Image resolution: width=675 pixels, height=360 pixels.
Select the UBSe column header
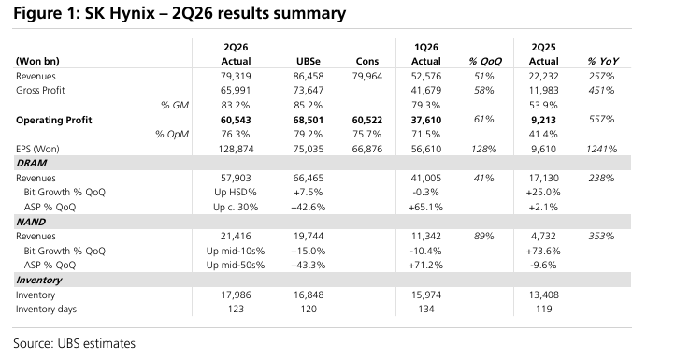pyautogui.click(x=309, y=61)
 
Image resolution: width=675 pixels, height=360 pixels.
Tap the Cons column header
pyautogui.click(x=366, y=61)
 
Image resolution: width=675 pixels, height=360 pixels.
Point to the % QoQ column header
pyautogui.click(x=485, y=61)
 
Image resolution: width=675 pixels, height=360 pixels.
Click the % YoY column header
pyautogui.click(x=603, y=61)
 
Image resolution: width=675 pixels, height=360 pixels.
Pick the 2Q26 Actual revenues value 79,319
pyautogui.click(x=236, y=77)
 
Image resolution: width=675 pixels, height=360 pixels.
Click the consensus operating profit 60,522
pyautogui.click(x=366, y=120)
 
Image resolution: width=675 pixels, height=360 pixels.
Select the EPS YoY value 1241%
pyautogui.click(x=601, y=149)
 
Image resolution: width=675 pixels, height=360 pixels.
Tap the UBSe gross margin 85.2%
pyautogui.click(x=309, y=105)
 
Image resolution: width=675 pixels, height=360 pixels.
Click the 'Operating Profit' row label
pyautogui.click(x=54, y=120)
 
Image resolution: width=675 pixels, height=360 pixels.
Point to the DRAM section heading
pyautogui.click(x=32, y=164)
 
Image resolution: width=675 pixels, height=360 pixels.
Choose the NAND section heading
pyautogui.click(x=31, y=222)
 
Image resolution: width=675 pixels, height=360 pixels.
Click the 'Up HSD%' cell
pyautogui.click(x=236, y=192)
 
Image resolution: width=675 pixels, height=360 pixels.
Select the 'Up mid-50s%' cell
pyautogui.click(x=236, y=265)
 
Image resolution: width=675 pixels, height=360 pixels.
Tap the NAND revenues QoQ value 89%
pyautogui.click(x=484, y=236)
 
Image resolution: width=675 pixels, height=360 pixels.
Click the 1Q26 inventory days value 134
pyautogui.click(x=426, y=310)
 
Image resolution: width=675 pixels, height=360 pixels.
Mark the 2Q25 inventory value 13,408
pyautogui.click(x=544, y=295)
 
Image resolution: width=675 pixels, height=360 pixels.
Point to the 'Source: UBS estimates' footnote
pyautogui.click(x=74, y=344)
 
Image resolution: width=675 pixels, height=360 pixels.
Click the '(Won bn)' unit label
pyautogui.click(x=37, y=61)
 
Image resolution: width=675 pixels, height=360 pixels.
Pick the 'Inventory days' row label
pyautogui.click(x=46, y=310)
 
